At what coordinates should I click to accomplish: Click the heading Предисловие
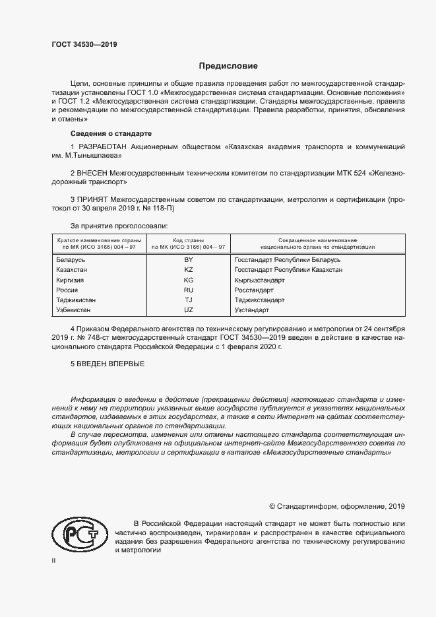[x=229, y=66]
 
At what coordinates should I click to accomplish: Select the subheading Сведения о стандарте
[x=102, y=133]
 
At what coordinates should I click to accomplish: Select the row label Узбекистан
[x=75, y=309]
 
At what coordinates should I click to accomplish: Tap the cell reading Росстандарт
[x=254, y=290]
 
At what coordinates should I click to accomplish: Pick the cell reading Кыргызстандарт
[x=259, y=280]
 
